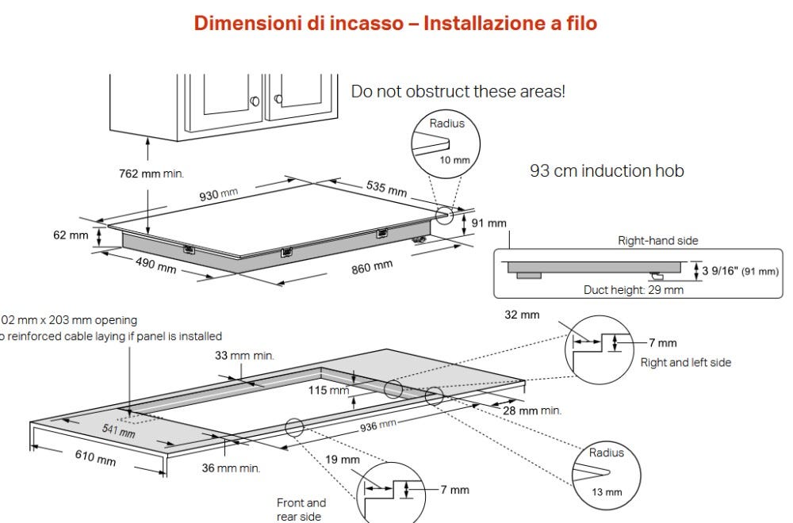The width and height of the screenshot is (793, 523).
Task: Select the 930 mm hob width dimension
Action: point(218,193)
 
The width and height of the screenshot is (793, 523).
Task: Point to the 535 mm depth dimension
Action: point(386,189)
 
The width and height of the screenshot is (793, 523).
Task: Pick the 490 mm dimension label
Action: point(155,265)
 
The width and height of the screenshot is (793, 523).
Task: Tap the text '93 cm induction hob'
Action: point(607,170)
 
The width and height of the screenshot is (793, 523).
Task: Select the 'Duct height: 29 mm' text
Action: point(633,290)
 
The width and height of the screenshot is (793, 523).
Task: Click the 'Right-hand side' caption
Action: point(658,240)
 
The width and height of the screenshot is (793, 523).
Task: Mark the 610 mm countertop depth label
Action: point(95,457)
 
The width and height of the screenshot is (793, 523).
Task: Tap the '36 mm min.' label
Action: point(231,468)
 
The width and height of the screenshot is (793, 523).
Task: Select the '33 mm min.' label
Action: point(245,356)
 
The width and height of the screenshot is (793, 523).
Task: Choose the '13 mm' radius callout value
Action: point(607,492)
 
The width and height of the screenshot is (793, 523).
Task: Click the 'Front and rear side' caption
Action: point(301,509)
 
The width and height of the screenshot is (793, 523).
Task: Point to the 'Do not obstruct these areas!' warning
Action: point(458,91)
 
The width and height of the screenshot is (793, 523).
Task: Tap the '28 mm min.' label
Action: point(532,410)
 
